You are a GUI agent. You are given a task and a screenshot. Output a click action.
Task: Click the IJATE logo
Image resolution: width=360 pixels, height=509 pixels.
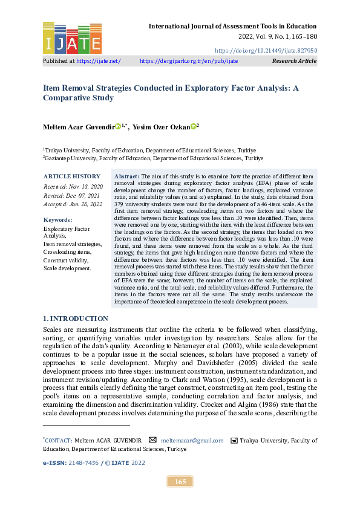coord(72,38)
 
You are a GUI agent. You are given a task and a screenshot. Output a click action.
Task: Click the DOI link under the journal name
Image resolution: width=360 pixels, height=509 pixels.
coord(266,50)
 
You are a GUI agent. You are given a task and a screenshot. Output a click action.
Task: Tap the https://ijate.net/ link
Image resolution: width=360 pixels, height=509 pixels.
coord(99,61)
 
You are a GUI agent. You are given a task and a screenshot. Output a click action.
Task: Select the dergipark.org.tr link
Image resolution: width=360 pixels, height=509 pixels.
coord(189,61)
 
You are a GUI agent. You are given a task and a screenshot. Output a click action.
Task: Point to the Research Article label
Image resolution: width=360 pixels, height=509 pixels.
coord(295,61)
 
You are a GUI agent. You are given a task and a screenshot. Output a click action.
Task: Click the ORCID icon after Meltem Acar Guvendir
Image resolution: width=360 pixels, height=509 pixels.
coord(118,126)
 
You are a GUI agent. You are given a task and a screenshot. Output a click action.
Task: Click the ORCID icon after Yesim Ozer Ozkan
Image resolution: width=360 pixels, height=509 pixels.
coord(193,126)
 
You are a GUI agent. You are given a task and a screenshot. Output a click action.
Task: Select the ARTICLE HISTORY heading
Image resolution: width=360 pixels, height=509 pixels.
coord(68,176)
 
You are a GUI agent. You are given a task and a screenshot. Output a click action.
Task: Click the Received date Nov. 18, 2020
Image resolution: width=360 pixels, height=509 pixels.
coord(73,187)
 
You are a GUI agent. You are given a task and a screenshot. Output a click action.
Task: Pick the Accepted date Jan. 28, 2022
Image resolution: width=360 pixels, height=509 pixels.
coord(73,204)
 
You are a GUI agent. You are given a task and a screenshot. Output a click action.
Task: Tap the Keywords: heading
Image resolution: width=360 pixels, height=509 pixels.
coord(58,220)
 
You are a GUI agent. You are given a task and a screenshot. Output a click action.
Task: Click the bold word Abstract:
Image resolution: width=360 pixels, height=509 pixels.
coord(127,175)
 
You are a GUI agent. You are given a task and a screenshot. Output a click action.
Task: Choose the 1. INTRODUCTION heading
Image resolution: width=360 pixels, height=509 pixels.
coord(76,319)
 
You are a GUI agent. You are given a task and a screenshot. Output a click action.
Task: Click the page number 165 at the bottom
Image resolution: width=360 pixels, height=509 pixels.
coord(180,481)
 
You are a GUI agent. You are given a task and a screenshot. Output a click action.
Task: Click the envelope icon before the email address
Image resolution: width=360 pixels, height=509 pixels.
coord(153,440)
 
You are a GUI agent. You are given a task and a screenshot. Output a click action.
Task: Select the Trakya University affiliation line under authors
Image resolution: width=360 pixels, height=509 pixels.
coord(149,150)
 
